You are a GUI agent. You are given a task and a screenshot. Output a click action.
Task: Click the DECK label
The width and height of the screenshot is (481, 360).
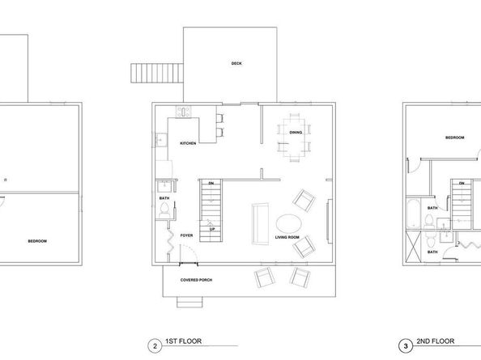click(236, 64)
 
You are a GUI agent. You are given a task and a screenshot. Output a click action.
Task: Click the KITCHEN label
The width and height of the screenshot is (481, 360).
click(189, 143)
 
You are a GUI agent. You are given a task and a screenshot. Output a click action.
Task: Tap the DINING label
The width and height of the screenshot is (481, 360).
click(296, 133)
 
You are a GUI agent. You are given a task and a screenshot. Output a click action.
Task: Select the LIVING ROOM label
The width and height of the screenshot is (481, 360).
click(287, 237)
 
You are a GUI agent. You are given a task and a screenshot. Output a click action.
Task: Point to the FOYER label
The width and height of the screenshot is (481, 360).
click(186, 235)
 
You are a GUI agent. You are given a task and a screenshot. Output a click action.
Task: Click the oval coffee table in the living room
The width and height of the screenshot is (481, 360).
click(288, 222)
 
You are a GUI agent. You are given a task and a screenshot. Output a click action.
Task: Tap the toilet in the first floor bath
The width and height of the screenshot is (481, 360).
click(164, 209)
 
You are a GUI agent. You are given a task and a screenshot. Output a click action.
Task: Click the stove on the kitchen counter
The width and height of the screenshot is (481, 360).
click(184, 112)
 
